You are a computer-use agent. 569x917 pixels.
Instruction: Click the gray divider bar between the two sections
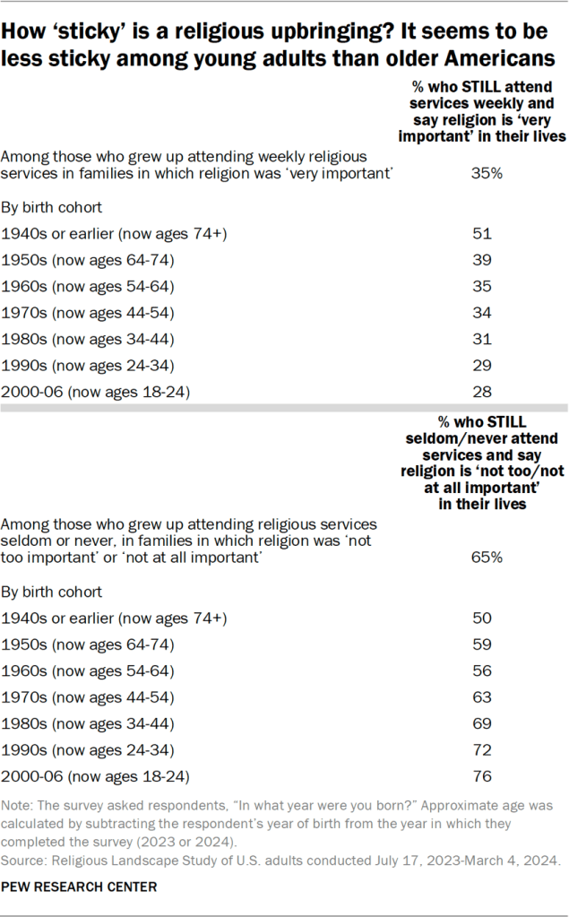[x=284, y=408]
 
